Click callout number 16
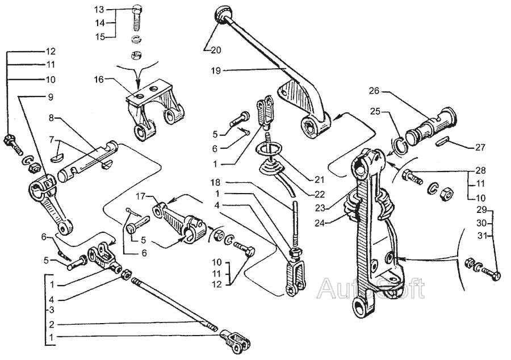(x=100, y=79)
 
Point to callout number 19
(x=216, y=71)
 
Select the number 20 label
(x=216, y=50)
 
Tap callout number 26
(x=374, y=91)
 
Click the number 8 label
(x=51, y=118)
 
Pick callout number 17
(x=140, y=196)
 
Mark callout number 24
(x=320, y=223)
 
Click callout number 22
(x=320, y=195)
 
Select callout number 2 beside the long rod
(x=52, y=324)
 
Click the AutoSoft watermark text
(x=371, y=288)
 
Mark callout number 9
(x=51, y=97)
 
